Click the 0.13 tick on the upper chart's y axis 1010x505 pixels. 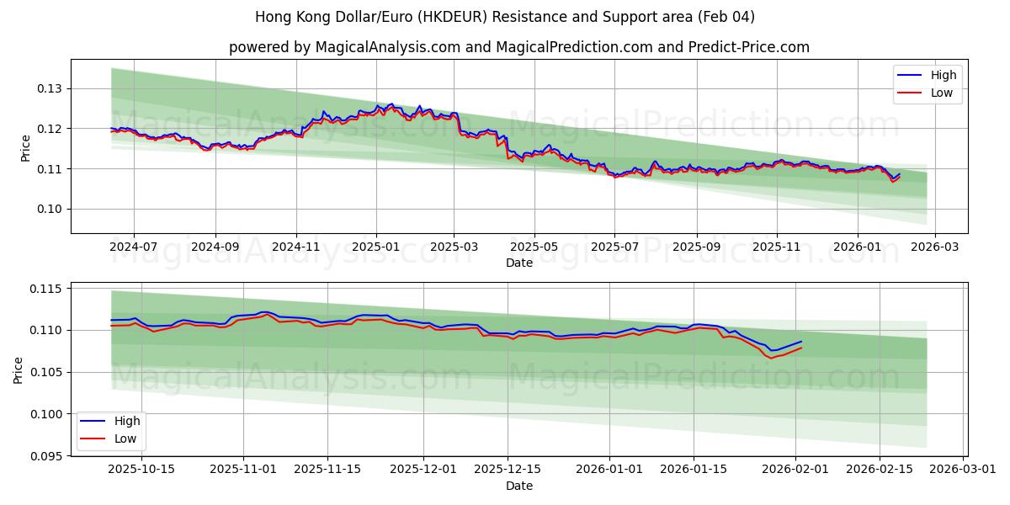click(x=49, y=88)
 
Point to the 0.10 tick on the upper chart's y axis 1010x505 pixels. click(x=49, y=209)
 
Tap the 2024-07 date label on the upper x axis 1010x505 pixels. click(x=134, y=247)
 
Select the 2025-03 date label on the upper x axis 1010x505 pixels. click(x=454, y=247)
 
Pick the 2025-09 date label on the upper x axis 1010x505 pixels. click(x=696, y=247)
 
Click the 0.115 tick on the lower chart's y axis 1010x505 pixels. click(x=45, y=289)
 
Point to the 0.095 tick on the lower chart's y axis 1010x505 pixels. click(x=45, y=455)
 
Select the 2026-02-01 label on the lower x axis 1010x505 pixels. click(x=796, y=469)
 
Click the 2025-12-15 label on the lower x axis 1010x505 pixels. click(x=507, y=469)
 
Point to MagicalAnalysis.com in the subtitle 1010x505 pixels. click(x=384, y=47)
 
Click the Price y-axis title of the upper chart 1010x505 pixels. click(x=25, y=148)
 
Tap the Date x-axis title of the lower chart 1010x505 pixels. click(x=518, y=486)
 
